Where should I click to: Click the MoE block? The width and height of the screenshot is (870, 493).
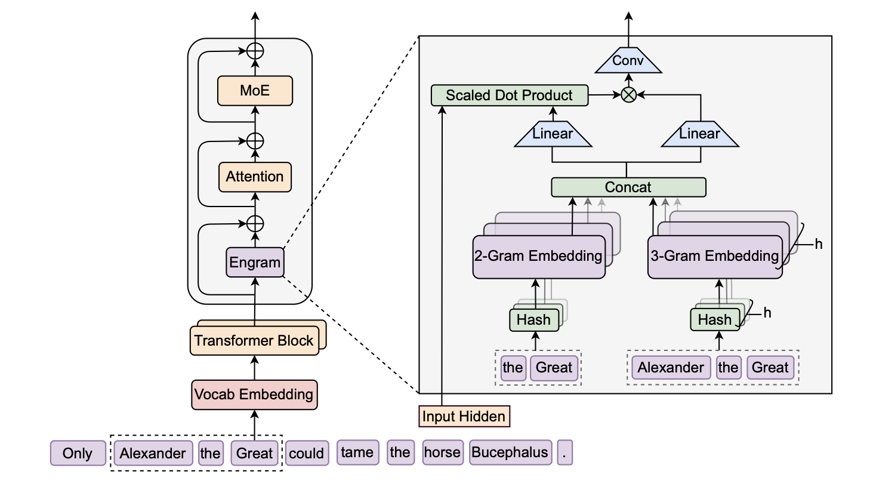pyautogui.click(x=255, y=91)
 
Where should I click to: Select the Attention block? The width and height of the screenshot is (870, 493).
pyautogui.click(x=255, y=177)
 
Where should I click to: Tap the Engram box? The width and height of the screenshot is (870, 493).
pyautogui.click(x=255, y=263)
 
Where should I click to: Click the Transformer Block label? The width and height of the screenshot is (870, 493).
pyautogui.click(x=254, y=341)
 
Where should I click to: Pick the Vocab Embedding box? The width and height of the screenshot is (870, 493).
pyautogui.click(x=254, y=395)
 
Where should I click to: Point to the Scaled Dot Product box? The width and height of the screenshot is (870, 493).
pyautogui.click(x=509, y=95)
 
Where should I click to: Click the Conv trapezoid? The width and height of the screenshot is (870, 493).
pyautogui.click(x=628, y=61)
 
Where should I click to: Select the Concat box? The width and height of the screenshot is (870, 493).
pyautogui.click(x=628, y=187)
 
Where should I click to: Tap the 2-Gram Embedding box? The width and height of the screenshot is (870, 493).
pyautogui.click(x=538, y=257)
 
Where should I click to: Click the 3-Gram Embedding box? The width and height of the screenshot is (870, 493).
pyautogui.click(x=714, y=257)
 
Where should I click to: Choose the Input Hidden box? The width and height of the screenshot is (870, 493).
pyautogui.click(x=464, y=416)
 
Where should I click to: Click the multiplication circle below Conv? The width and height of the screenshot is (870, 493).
pyautogui.click(x=628, y=94)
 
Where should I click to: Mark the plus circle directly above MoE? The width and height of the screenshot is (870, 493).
pyautogui.click(x=255, y=51)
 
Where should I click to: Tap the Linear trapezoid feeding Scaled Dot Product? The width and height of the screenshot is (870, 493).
pyautogui.click(x=553, y=134)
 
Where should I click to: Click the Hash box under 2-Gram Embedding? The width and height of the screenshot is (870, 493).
pyautogui.click(x=533, y=320)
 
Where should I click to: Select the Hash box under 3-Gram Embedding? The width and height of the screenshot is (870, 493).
pyautogui.click(x=714, y=320)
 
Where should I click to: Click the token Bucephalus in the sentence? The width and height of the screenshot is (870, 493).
pyautogui.click(x=510, y=452)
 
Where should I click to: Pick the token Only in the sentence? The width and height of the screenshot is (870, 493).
pyautogui.click(x=78, y=453)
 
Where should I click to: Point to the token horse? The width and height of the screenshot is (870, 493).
pyautogui.click(x=442, y=452)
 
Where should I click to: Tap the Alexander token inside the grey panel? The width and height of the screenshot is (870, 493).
pyautogui.click(x=670, y=368)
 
